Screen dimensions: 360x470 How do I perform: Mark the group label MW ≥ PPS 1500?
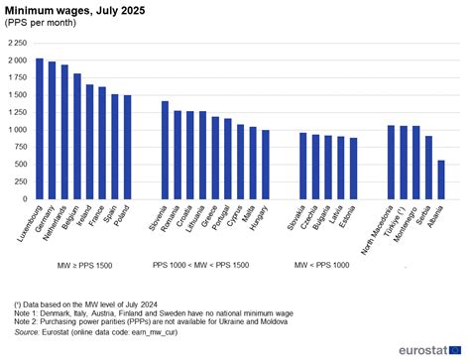tap(84, 265)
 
